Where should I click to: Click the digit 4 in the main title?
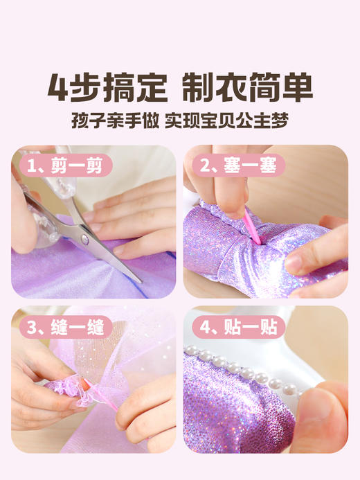coord(61,87)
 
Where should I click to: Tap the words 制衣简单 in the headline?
coord(247,87)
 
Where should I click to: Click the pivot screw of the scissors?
coord(84,239)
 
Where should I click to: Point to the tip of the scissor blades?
coord(139,281)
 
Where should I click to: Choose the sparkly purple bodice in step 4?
coord(235,409)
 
